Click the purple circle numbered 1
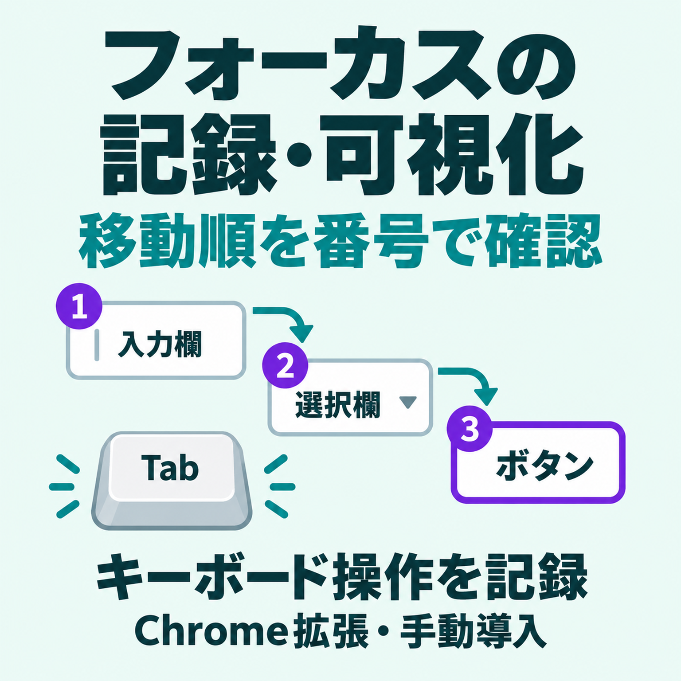point(79,306)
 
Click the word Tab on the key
point(170,469)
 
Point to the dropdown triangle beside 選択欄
point(407,402)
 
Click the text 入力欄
point(160,344)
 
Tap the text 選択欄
point(338,404)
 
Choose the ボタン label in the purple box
point(544,466)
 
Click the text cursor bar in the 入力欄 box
point(97,345)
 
